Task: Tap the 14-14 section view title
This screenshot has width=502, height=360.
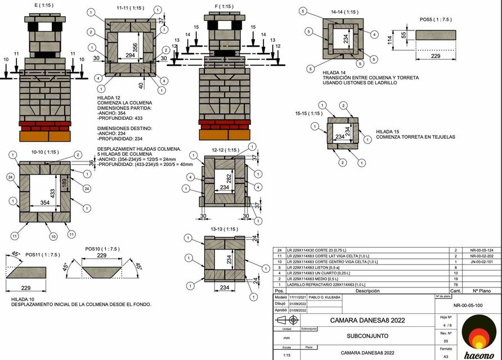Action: pyautogui.click(x=344, y=11)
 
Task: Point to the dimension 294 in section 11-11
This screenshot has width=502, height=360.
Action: pyautogui.click(x=131, y=56)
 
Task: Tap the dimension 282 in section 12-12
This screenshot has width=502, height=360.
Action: pyautogui.click(x=228, y=178)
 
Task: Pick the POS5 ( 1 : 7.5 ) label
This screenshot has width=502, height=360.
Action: pyautogui.click(x=435, y=20)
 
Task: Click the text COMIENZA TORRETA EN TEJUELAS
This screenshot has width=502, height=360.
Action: pyautogui.click(x=415, y=137)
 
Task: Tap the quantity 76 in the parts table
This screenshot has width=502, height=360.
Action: pyautogui.click(x=456, y=284)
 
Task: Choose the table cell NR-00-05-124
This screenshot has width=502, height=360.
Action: pyautogui.click(x=481, y=250)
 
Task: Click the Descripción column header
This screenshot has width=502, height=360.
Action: pyautogui.click(x=356, y=291)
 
